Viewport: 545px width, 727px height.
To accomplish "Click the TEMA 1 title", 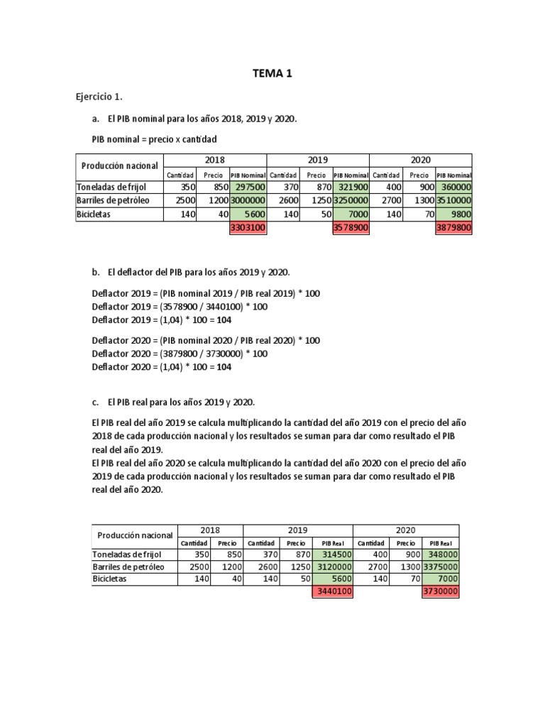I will point(272,72).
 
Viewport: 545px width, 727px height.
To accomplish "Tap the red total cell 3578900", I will point(351,227).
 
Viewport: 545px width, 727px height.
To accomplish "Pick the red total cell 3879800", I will point(453,227).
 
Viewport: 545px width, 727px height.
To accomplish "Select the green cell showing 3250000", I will point(351,200).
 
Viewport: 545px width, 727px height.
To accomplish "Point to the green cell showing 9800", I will point(453,214).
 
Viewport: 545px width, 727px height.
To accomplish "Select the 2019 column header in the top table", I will point(318,160).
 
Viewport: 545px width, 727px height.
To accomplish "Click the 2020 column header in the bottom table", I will point(405,530).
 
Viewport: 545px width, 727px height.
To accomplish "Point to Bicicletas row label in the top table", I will point(96,214).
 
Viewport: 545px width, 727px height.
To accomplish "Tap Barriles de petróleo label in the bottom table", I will point(128,567).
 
